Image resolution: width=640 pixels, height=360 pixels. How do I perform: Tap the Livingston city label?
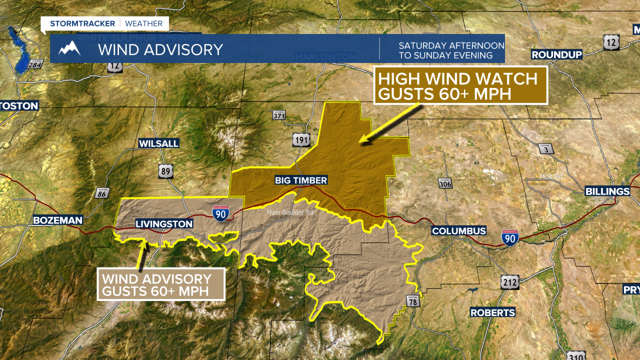[164, 224]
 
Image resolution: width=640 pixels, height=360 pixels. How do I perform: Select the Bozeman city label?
[57, 220]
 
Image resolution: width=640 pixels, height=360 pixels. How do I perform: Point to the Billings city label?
[607, 191]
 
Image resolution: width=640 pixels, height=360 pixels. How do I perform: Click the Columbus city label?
[459, 231]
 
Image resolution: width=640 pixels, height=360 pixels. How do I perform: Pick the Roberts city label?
[492, 312]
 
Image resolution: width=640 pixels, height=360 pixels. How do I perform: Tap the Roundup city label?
[556, 54]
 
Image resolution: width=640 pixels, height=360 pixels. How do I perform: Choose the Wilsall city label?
[158, 143]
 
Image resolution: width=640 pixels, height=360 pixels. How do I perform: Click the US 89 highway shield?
[165, 171]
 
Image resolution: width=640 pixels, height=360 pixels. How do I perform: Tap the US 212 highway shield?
[509, 282]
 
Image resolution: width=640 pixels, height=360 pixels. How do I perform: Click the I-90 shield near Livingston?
[220, 213]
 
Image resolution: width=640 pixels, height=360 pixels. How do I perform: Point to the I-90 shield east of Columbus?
[510, 236]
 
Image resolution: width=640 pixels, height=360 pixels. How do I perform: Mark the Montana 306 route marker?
[445, 183]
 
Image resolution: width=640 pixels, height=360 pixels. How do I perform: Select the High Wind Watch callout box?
[460, 85]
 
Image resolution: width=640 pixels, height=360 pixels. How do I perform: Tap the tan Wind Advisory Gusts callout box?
[161, 285]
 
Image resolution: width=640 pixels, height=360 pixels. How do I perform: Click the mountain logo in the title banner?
[69, 48]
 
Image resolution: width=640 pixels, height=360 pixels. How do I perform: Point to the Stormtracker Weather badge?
[105, 23]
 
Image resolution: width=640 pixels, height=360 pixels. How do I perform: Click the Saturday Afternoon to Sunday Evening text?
[451, 50]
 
